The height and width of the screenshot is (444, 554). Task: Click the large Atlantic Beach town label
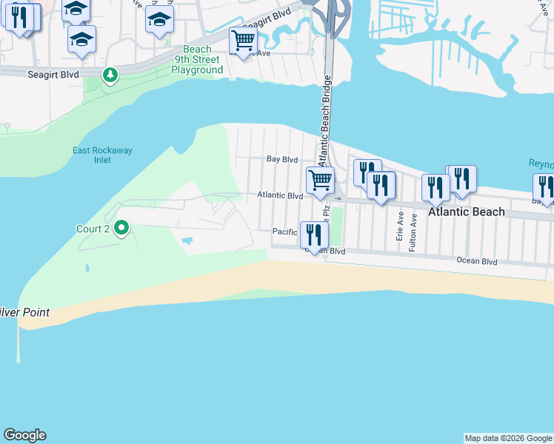coord(466,212)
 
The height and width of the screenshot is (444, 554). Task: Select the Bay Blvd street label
coord(281,159)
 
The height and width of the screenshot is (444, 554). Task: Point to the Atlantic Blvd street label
coord(280,196)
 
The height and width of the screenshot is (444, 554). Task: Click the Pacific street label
coord(284,232)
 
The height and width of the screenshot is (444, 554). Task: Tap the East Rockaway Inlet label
coord(102,155)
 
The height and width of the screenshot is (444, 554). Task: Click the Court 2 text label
coord(93,229)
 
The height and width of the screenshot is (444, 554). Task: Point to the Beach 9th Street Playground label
coord(197,60)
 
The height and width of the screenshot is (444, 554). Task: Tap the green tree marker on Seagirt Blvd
coord(110,75)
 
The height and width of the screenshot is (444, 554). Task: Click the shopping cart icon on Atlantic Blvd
coord(320,180)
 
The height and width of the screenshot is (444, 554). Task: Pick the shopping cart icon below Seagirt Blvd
coord(242,40)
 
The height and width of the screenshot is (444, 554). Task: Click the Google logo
coord(24,435)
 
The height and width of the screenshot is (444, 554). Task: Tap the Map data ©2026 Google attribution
coord(508,438)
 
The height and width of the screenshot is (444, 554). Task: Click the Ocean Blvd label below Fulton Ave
coord(477,261)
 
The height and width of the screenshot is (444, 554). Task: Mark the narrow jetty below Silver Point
coord(19,345)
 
